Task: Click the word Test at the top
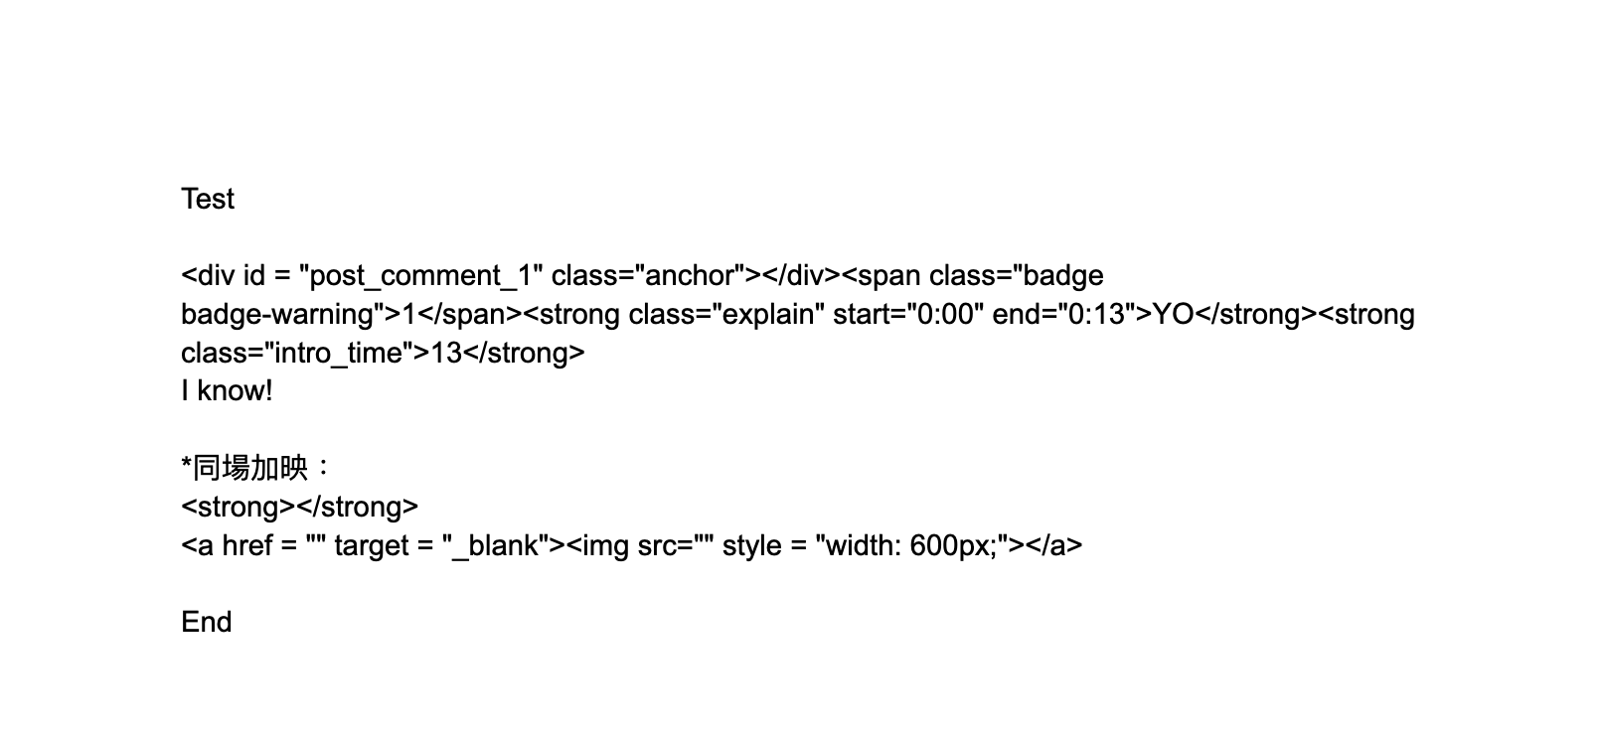coord(208,199)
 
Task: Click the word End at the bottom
coord(206,622)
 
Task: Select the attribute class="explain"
coord(726,315)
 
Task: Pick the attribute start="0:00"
coord(908,315)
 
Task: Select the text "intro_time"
coord(337,354)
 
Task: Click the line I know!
coord(227,391)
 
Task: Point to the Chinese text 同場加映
coord(249,468)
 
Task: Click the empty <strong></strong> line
coord(299,507)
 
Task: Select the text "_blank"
coord(496,545)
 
